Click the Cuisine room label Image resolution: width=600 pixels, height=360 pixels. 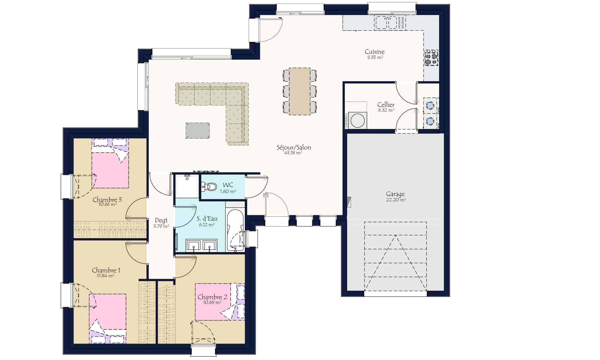coord(375,52)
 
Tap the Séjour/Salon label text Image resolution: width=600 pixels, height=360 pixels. coord(294,147)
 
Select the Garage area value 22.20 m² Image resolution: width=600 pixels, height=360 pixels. coord(396,200)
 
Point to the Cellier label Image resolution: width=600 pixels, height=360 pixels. coord(386,104)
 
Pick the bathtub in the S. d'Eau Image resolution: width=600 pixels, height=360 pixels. coord(235,230)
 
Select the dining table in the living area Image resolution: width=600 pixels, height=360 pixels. coord(299,91)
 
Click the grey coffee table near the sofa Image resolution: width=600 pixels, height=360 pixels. coord(197,130)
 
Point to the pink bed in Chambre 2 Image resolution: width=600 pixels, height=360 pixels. coord(213,302)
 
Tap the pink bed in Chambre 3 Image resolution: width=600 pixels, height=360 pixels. coord(110,170)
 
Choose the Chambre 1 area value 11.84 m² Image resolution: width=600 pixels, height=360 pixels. coord(105,276)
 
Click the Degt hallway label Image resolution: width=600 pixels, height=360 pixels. coord(161,220)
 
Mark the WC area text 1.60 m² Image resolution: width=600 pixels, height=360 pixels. coord(228,191)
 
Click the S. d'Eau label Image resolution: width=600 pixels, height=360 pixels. coord(207,218)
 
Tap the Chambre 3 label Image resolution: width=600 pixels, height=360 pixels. coord(107,199)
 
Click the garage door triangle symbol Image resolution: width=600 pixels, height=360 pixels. coord(395,263)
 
